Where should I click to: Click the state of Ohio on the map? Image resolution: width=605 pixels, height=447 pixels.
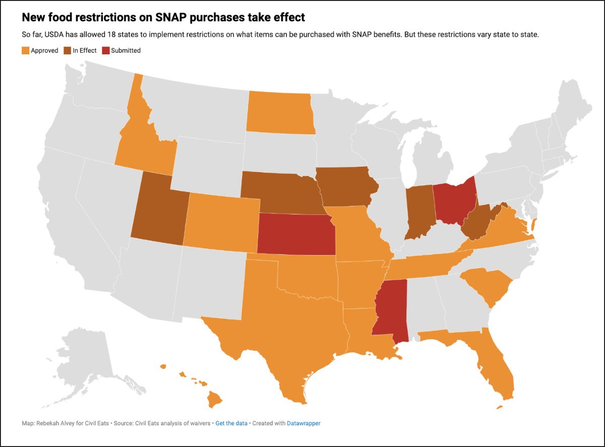[x=454, y=201]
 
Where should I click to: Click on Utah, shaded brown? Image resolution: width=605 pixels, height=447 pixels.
[x=159, y=211]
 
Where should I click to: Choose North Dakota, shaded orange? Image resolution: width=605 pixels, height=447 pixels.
[x=280, y=113]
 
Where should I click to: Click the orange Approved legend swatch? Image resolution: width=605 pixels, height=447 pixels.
[x=25, y=50]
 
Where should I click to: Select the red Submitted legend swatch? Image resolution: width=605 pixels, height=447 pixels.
[x=105, y=50]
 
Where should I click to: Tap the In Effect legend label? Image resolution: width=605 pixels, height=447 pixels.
[x=85, y=50]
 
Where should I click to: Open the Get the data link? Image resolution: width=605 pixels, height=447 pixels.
[x=231, y=423]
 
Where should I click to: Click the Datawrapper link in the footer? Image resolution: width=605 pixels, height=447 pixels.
[x=304, y=423]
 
